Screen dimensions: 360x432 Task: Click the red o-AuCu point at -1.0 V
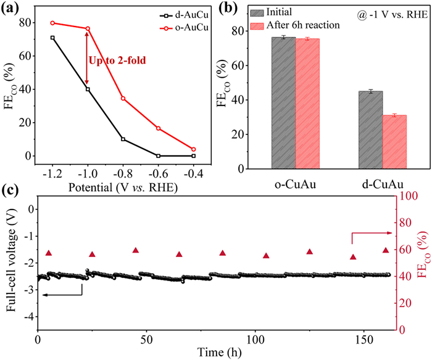88,28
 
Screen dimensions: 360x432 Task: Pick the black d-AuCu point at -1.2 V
52,38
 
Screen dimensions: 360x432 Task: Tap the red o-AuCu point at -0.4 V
194,149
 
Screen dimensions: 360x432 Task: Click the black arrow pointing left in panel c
62,295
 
